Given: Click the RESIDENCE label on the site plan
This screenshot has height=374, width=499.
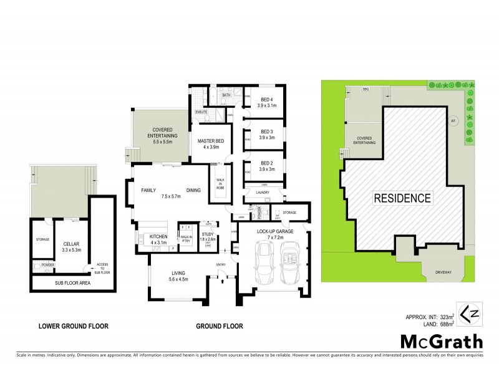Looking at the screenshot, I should (402, 199).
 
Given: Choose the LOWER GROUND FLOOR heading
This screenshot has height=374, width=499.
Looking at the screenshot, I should (74, 325).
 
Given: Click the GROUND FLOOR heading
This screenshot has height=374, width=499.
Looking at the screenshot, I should (220, 325).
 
